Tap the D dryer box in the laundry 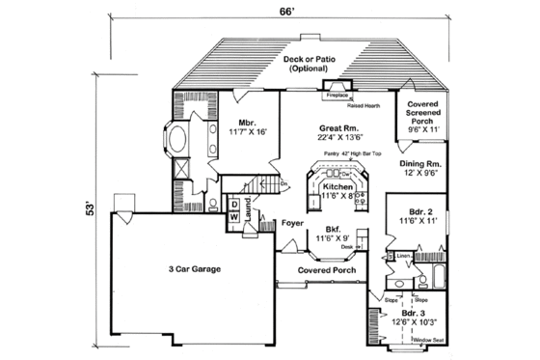[x=234, y=205]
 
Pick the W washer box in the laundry [x=234, y=218]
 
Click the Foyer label [x=293, y=225]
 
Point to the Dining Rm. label [x=420, y=164]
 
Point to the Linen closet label [x=403, y=255]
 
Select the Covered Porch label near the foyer [x=322, y=270]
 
